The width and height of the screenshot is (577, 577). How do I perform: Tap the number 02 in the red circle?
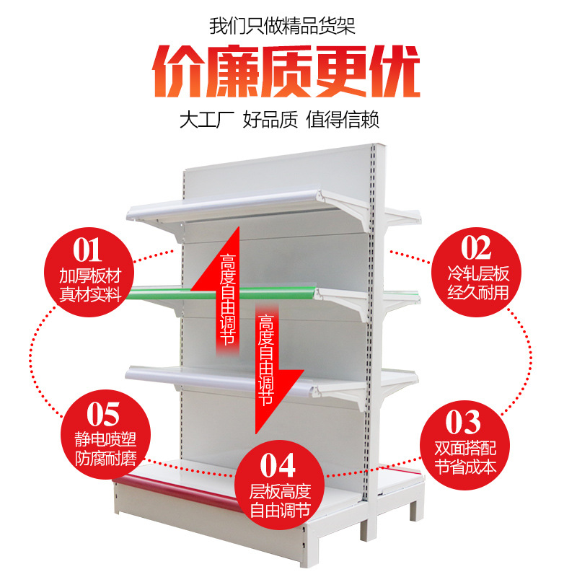(475, 247)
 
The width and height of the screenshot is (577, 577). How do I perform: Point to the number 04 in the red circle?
(280, 465)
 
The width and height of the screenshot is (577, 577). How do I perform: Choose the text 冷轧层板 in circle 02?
(477, 274)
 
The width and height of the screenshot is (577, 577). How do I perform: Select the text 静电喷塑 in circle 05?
(105, 440)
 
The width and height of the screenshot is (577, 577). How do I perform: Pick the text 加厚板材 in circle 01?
(89, 276)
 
